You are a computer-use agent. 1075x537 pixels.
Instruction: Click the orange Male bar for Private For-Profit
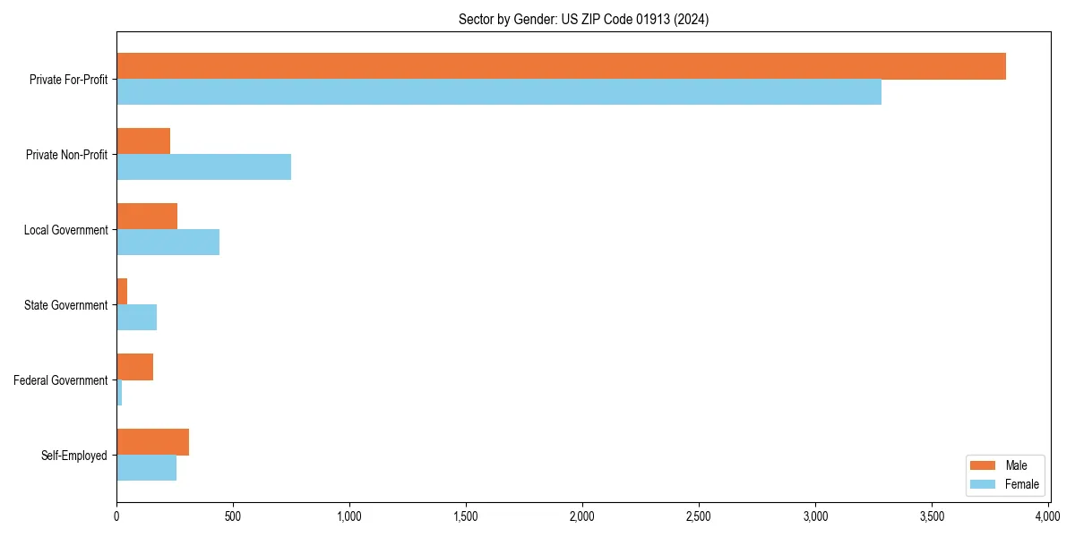561,66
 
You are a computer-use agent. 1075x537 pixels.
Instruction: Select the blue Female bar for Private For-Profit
499,92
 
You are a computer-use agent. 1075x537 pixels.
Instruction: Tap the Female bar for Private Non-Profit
204,167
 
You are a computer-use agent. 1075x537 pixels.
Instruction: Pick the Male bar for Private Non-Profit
143,141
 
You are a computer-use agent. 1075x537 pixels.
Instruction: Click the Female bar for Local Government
168,243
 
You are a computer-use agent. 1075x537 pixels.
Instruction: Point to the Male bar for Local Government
147,217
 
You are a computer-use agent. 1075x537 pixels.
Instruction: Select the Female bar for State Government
137,318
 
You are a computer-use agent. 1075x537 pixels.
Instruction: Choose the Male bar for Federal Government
135,367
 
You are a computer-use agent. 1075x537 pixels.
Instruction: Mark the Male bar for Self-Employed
153,442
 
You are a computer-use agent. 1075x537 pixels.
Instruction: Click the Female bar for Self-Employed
147,468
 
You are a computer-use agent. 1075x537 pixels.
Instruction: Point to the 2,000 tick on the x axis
582,516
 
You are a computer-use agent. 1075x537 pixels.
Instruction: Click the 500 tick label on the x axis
233,516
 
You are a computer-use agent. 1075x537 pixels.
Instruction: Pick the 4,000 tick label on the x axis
1048,516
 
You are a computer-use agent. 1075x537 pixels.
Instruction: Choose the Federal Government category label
61,380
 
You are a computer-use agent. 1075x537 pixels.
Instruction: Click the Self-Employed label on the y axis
74,456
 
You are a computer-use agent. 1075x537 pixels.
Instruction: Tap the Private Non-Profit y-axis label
66,155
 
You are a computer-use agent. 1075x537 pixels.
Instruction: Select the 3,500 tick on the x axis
932,516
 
